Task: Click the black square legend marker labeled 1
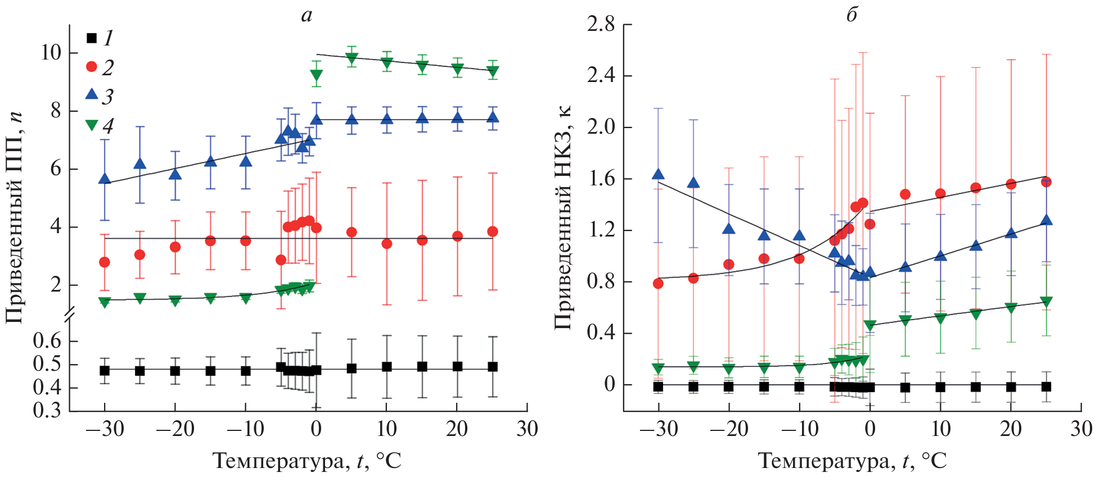pyautogui.click(x=92, y=38)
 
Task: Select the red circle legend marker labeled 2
pyautogui.click(x=92, y=67)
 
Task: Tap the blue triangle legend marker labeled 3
pyautogui.click(x=92, y=94)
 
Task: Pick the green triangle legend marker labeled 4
pyautogui.click(x=92, y=125)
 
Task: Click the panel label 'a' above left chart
pyautogui.click(x=307, y=15)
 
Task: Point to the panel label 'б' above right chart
pyautogui.click(x=852, y=15)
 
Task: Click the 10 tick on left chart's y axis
pyautogui.click(x=51, y=53)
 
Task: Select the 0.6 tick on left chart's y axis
pyautogui.click(x=47, y=341)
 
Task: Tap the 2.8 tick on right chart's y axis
pyautogui.click(x=601, y=25)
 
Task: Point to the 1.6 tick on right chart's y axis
pyautogui.click(x=601, y=179)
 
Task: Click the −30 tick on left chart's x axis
pyautogui.click(x=105, y=429)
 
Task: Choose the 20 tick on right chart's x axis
pyautogui.click(x=1011, y=429)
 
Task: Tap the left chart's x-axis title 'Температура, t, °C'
pyautogui.click(x=307, y=461)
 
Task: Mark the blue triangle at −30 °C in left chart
pyautogui.click(x=105, y=179)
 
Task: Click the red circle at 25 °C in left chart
pyautogui.click(x=493, y=231)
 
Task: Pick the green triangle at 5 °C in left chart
pyautogui.click(x=352, y=58)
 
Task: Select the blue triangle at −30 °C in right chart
pyautogui.click(x=658, y=175)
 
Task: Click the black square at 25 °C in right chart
pyautogui.click(x=1046, y=387)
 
